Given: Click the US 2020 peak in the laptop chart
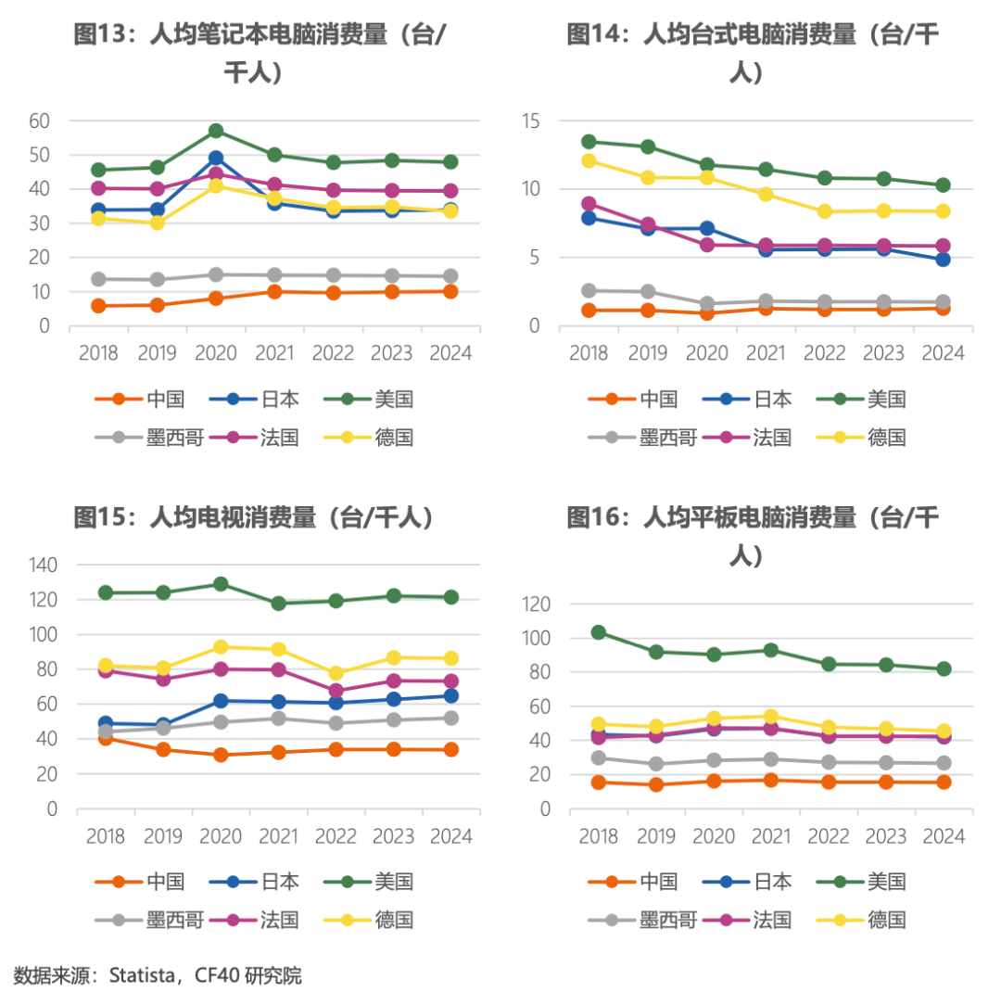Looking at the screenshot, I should tap(216, 131).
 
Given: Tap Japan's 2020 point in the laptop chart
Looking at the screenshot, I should tap(216, 159).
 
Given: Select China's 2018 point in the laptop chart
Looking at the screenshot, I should tap(98, 306).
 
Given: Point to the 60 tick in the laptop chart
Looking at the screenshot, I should tap(39, 121).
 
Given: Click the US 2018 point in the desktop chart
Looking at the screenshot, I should tap(589, 142).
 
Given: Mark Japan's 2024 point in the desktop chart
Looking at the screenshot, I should tap(943, 260).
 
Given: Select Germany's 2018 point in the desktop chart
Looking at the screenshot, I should tap(589, 160).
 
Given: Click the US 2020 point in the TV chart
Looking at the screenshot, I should tap(221, 584).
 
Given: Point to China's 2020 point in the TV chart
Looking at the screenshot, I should tap(221, 755).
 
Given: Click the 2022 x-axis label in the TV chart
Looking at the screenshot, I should tap(336, 836).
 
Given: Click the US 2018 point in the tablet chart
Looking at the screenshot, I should tap(599, 632).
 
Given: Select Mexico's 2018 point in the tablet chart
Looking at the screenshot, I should tap(599, 757).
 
